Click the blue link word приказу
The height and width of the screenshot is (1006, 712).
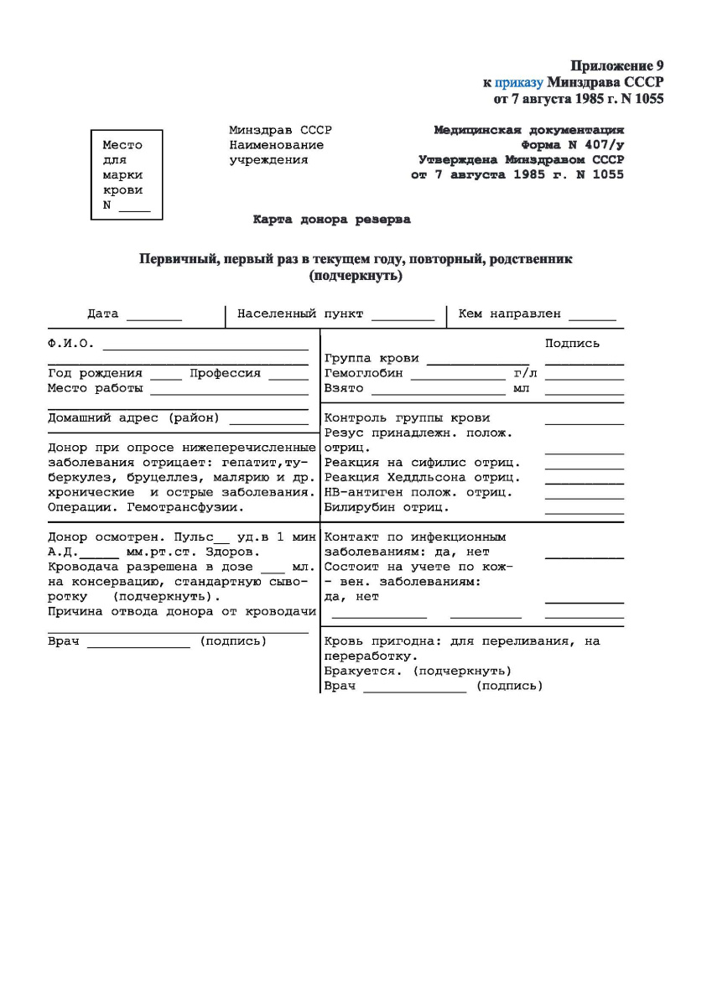click(x=519, y=82)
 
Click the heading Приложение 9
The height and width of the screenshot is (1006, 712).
click(x=617, y=65)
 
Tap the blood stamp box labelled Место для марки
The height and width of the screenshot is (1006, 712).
click(x=126, y=174)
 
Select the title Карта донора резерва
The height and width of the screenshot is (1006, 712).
click(x=332, y=220)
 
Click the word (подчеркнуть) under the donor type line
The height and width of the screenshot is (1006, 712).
click(x=356, y=276)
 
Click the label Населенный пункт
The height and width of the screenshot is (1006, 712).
click(x=300, y=314)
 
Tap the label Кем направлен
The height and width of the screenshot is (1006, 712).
click(x=509, y=314)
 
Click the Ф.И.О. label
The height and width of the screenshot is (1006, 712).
click(x=70, y=344)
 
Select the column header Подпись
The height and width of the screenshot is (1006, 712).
click(x=572, y=343)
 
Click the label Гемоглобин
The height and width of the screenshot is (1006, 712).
click(x=363, y=373)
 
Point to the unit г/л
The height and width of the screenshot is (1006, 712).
click(x=524, y=373)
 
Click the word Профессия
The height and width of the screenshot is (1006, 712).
click(x=225, y=373)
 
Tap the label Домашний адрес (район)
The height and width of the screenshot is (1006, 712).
click(x=133, y=417)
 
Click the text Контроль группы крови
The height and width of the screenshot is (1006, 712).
click(x=407, y=418)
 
